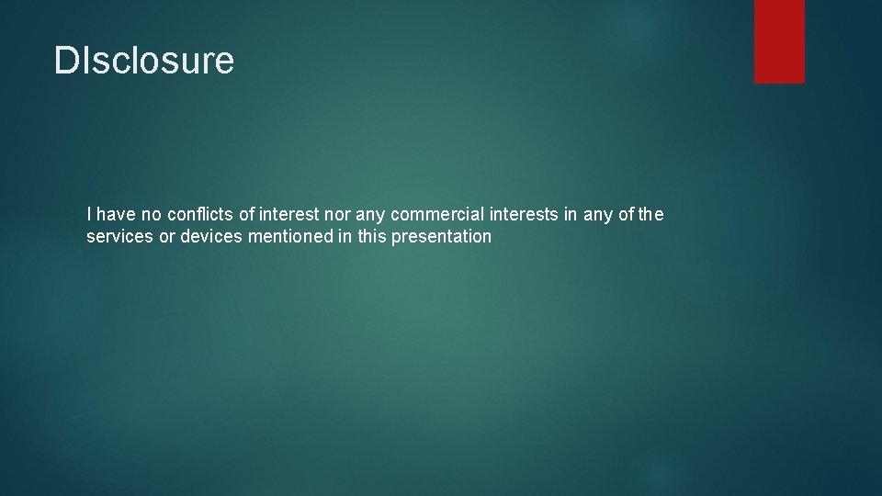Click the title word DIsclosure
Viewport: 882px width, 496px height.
(144, 61)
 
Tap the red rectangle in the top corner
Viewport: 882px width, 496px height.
(779, 41)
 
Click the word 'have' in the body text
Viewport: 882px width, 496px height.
(115, 215)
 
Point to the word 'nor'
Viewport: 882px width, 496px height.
(333, 215)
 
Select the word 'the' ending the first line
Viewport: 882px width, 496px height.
(650, 215)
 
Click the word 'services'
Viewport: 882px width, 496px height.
(119, 237)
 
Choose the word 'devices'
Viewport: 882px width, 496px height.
(209, 237)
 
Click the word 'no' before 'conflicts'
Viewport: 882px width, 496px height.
(152, 215)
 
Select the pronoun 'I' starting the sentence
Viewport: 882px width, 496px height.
(88, 215)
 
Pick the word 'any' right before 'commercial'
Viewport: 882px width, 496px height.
(370, 215)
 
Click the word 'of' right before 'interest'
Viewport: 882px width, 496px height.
(248, 215)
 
